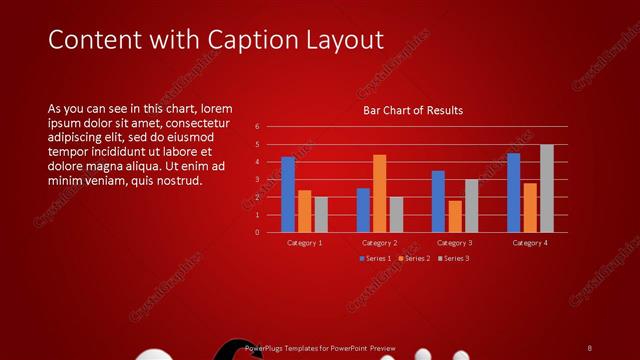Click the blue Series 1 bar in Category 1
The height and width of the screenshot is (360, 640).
pos(288,194)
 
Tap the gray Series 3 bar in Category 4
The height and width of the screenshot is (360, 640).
pos(546,188)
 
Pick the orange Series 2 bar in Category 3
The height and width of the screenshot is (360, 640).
pos(455,216)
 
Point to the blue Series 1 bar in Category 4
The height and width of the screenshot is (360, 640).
pos(514,192)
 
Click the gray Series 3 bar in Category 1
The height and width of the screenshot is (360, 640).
pos(320,214)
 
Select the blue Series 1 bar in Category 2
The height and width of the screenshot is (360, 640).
pos(363,210)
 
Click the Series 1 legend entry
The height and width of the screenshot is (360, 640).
pos(376,258)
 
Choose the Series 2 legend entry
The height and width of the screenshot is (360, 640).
pos(415,258)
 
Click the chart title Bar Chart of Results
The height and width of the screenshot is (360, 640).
pos(412,110)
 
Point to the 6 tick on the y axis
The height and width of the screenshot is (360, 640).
pos(257,127)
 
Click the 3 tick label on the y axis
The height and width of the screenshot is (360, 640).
pos(257,180)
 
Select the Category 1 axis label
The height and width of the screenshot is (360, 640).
pos(305,243)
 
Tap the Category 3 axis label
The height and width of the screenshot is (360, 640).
pos(455,243)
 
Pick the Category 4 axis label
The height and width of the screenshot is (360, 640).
pos(530,243)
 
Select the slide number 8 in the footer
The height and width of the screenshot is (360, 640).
pos(589,347)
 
